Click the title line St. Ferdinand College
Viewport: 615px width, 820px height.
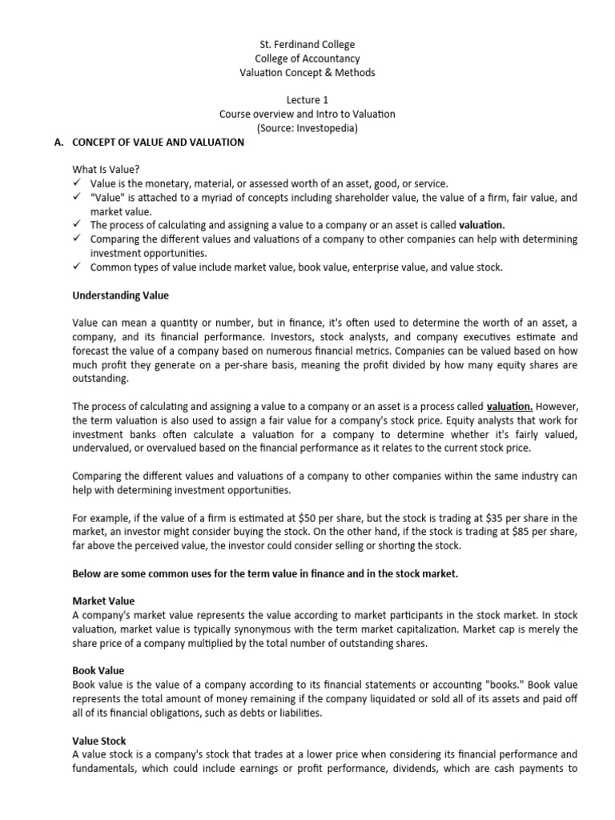tap(307, 45)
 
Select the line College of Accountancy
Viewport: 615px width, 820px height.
tap(307, 58)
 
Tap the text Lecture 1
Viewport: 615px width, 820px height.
tap(307, 100)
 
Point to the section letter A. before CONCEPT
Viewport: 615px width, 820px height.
tap(58, 143)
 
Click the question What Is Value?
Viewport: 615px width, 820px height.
tap(106, 170)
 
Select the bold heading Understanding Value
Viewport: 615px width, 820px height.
tap(120, 295)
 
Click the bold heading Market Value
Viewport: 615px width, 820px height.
tap(103, 601)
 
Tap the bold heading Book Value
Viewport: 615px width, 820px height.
tap(98, 670)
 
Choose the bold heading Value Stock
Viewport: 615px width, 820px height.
tap(99, 741)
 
